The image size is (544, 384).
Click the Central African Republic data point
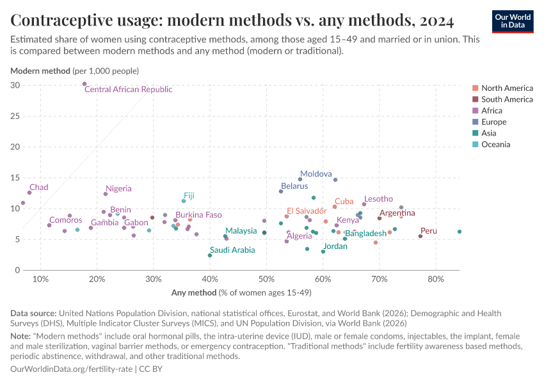[x=84, y=84]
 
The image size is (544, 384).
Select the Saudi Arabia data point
[x=210, y=255]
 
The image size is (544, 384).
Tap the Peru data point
[x=420, y=236]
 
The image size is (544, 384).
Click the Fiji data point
[x=184, y=201]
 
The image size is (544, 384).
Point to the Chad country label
[x=38, y=188]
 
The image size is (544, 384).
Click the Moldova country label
[x=316, y=174]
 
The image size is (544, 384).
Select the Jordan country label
[x=335, y=246]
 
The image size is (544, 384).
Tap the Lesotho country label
[x=378, y=199]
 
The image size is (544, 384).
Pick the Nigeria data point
[x=106, y=194]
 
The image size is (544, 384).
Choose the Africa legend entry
[x=493, y=111]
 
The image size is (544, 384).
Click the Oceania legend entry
[x=495, y=145]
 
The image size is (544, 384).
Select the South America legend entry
[x=507, y=99]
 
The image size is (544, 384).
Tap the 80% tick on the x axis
[x=435, y=279]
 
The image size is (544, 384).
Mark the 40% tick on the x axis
[x=210, y=279]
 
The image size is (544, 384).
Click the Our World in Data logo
[x=513, y=20]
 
